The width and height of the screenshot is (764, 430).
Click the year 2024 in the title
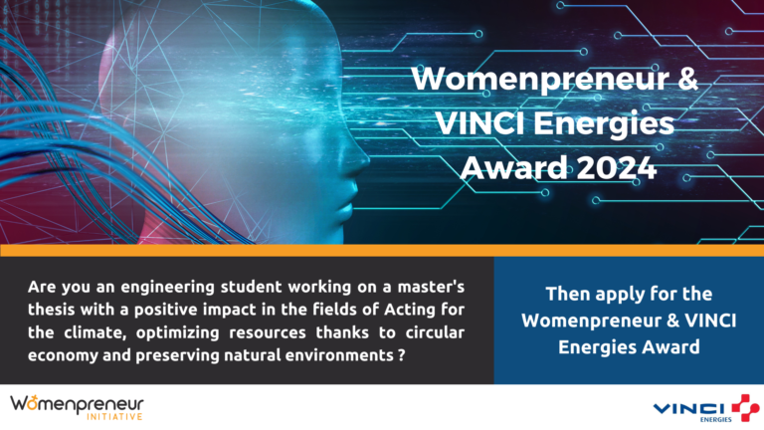pyautogui.click(x=617, y=167)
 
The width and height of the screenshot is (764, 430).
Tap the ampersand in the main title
pyautogui.click(x=688, y=78)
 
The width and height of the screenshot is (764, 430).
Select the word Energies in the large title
pyautogui.click(x=604, y=124)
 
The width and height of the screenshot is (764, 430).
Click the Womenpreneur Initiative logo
pyautogui.click(x=77, y=407)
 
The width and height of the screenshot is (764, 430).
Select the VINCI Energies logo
pyautogui.click(x=706, y=408)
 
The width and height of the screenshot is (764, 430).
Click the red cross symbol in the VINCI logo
pyautogui.click(x=745, y=407)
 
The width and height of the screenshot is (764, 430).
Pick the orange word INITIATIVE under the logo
pyautogui.click(x=114, y=416)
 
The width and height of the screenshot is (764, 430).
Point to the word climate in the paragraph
pyautogui.click(x=93, y=332)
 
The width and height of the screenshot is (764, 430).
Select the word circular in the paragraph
pyautogui.click(x=434, y=332)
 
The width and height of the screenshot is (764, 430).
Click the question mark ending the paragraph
pyautogui.click(x=402, y=355)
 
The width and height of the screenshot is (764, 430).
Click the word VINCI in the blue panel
pyautogui.click(x=710, y=321)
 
